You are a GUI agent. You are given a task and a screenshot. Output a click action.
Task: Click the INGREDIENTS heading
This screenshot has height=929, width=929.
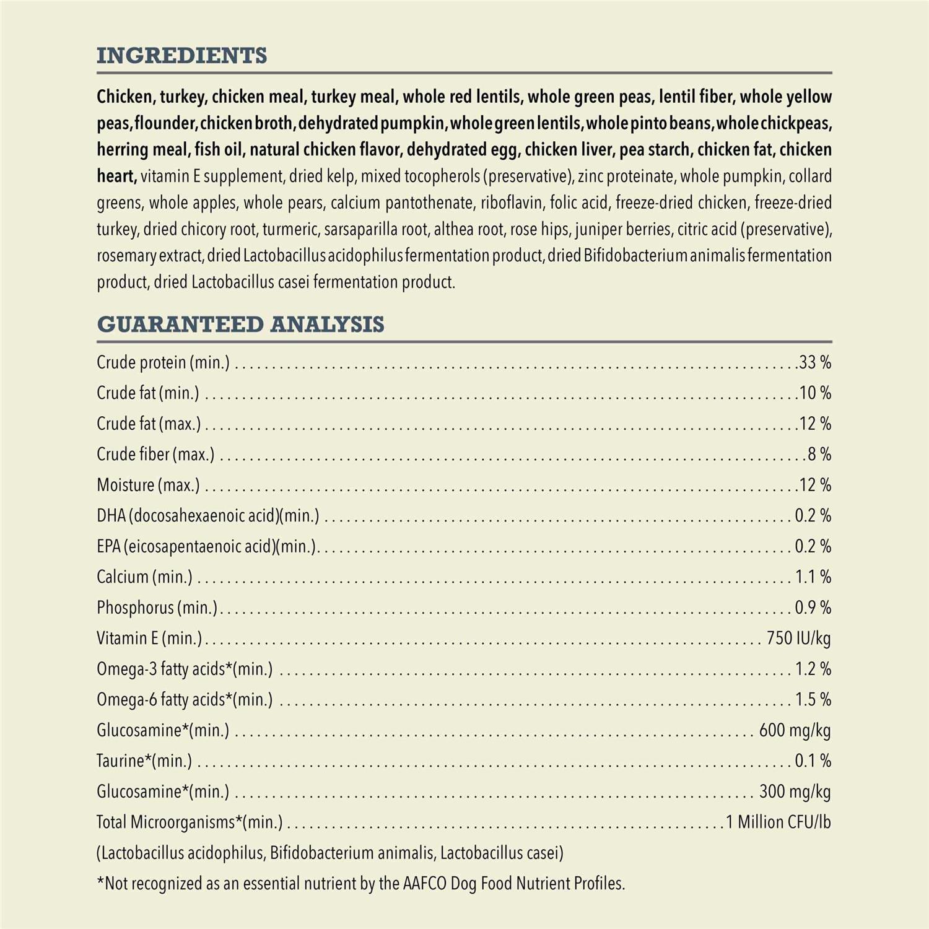(x=182, y=56)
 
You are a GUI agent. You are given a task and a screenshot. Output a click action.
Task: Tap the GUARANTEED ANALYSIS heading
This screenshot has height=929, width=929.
(x=240, y=325)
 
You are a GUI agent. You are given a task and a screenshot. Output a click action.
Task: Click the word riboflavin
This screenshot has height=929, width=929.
(x=512, y=203)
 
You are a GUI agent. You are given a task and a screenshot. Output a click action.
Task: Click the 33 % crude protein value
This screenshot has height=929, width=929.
(x=815, y=363)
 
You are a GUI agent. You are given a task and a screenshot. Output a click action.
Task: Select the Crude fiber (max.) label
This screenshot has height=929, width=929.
(x=155, y=455)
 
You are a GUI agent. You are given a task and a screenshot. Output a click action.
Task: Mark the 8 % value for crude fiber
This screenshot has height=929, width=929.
(x=819, y=455)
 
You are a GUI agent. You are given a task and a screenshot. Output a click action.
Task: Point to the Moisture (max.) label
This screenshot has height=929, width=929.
(x=148, y=486)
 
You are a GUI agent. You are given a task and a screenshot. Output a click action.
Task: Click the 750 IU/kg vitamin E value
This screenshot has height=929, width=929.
(x=798, y=639)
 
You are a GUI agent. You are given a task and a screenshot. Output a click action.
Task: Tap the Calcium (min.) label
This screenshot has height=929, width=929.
(x=144, y=577)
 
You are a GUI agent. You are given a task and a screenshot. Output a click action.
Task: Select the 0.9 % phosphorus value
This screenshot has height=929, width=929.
(x=813, y=608)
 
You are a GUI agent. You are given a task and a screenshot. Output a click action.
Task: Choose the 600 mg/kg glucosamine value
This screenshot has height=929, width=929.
(x=795, y=731)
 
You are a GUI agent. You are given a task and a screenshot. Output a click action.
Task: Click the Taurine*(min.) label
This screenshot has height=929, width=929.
(x=144, y=761)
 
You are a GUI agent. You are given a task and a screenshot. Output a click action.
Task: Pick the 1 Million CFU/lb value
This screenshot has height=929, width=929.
(x=778, y=822)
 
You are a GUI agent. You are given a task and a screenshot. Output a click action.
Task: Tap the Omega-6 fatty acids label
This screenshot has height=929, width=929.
(x=185, y=700)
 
